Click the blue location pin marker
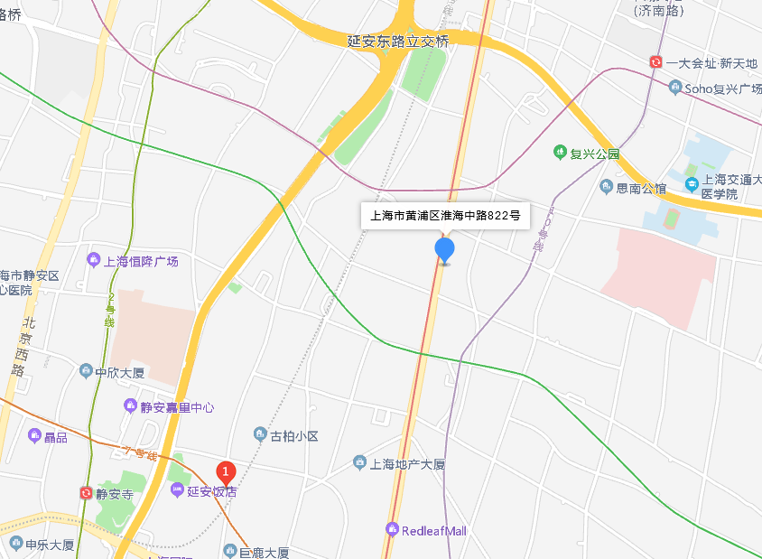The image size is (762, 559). coord(444,249)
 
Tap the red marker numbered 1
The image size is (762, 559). coord(226,470)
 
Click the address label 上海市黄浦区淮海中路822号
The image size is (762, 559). coord(446,216)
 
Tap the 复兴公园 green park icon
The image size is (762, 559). coord(560,154)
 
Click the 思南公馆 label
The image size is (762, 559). coord(641,188)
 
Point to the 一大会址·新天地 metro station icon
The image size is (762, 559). coord(655,62)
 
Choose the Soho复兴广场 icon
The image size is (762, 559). coord(674,88)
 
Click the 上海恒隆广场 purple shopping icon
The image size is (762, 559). coord(93,261)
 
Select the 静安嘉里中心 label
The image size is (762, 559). coord(177,407)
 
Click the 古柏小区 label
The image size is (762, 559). coord(294,436)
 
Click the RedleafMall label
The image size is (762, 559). coord(433,530)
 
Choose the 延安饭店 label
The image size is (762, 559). coord(211,491)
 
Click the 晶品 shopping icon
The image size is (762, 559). coord(35,436)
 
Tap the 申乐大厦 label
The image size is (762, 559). coord(49,545)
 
